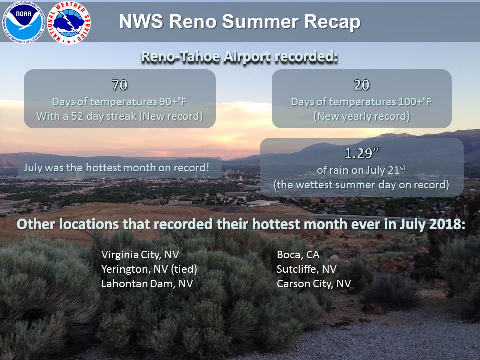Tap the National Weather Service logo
[x=69, y=23]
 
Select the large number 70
[x=119, y=85]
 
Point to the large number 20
[x=362, y=85]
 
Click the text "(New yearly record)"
[x=362, y=116]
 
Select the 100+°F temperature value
[x=415, y=102]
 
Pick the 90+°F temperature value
[x=173, y=102]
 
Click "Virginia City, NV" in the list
[x=140, y=255]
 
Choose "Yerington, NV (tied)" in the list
[x=149, y=269]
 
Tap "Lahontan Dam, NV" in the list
[x=147, y=284]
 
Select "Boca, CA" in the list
[x=298, y=255]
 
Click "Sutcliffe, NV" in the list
[x=306, y=269]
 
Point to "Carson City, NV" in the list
[x=314, y=284]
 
